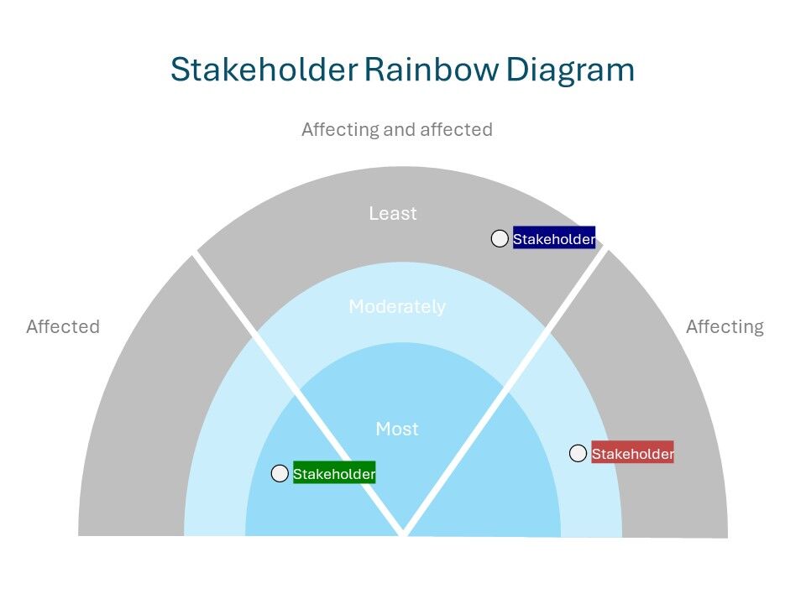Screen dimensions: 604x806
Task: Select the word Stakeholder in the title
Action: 263,69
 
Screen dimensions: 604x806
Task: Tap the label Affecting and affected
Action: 396,130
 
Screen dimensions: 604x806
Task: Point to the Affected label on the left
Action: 63,327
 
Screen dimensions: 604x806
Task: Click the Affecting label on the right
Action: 725,327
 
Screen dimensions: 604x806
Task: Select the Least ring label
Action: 393,214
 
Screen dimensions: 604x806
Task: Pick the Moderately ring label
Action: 397,307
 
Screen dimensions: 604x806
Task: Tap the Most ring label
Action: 397,430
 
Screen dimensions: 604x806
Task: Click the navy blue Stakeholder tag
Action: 554,239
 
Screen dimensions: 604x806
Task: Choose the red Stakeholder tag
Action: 632,454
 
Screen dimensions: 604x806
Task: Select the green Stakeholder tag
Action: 334,475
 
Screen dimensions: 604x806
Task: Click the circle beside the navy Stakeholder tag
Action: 500,239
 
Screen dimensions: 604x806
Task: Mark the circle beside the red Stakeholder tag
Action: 578,454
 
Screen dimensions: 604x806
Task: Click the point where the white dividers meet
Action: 404,532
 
